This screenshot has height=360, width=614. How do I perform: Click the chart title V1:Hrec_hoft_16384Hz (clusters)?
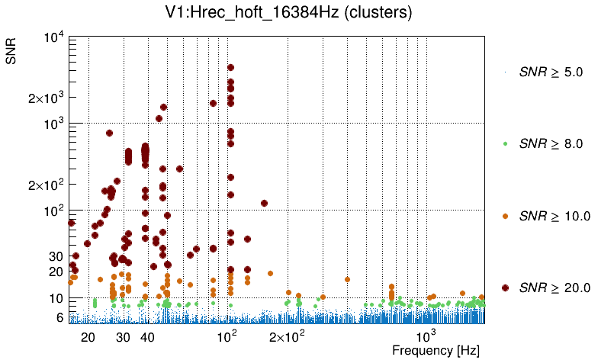307,13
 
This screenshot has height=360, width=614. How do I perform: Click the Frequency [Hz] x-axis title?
436,350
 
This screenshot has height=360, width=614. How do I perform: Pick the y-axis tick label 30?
56,256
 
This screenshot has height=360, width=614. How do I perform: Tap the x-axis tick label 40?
148,337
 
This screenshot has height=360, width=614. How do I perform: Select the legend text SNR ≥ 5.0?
551,72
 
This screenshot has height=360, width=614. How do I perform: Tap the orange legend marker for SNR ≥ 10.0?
506,216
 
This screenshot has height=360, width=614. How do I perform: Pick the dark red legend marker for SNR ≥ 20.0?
506,288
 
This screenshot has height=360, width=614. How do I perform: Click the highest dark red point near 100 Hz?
230,68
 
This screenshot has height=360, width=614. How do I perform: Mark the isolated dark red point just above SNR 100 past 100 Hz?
264,203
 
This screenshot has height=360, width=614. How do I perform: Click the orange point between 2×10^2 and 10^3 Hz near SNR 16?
347,279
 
